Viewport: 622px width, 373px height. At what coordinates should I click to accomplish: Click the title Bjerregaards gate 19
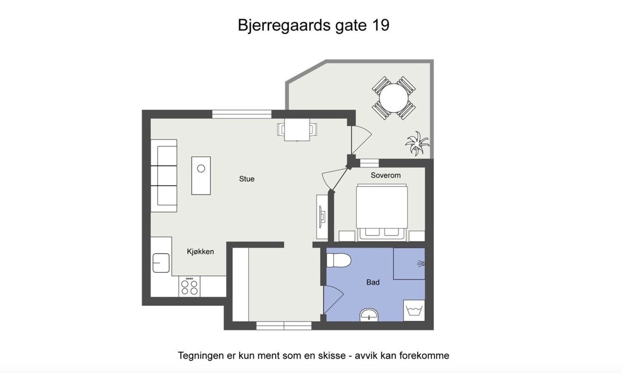pyautogui.click(x=314, y=25)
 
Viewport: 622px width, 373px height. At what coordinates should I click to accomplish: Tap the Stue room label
pyautogui.click(x=247, y=179)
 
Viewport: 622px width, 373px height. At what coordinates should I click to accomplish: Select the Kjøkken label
pyautogui.click(x=200, y=252)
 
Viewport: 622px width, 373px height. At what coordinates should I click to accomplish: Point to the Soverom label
pyautogui.click(x=386, y=175)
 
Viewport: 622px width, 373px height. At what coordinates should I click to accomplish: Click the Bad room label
pyautogui.click(x=373, y=282)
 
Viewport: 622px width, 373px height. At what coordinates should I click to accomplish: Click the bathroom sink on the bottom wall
pyautogui.click(x=369, y=314)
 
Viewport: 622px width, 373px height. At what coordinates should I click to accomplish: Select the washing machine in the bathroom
pyautogui.click(x=414, y=311)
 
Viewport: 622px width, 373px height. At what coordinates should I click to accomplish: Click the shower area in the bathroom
pyautogui.click(x=409, y=264)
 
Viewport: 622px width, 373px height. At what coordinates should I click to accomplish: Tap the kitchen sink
pyautogui.click(x=161, y=263)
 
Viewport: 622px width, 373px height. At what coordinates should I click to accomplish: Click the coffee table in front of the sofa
pyautogui.click(x=201, y=175)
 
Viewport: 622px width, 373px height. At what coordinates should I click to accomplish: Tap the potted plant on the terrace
pyautogui.click(x=418, y=143)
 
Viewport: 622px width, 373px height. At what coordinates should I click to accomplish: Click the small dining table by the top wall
pyautogui.click(x=296, y=130)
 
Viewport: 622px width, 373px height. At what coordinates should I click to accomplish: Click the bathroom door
pyautogui.click(x=332, y=301)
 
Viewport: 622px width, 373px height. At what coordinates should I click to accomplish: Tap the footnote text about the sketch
pyautogui.click(x=314, y=356)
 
